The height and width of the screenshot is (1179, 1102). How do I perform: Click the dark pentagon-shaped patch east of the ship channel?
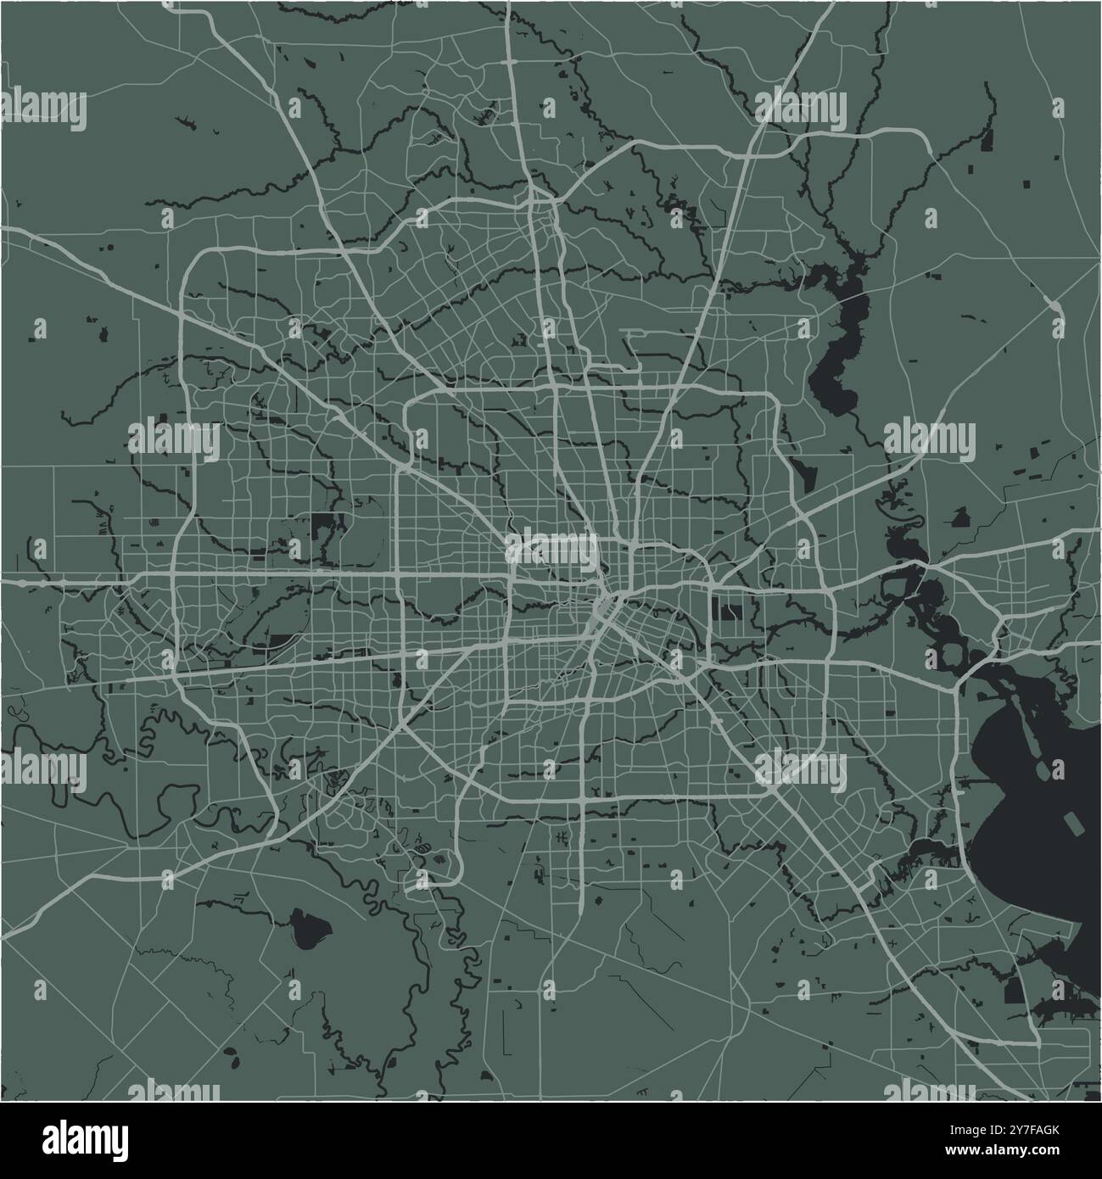[960, 517]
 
